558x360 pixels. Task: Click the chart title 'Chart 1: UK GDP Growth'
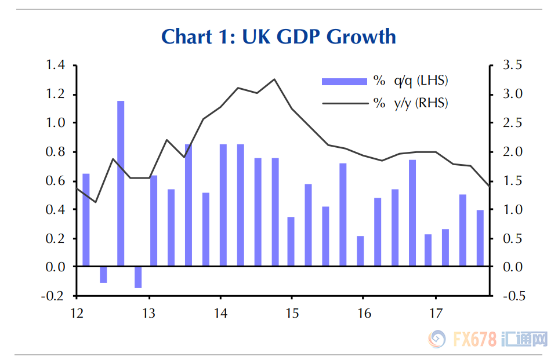pos(278,37)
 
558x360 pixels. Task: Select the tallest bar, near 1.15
pos(121,183)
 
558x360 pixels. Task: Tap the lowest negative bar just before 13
pos(138,277)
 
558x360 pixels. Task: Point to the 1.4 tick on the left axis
pos(56,65)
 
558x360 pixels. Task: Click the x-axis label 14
pos(220,314)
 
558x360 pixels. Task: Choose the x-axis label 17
pos(436,314)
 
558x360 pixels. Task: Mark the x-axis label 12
pos(77,314)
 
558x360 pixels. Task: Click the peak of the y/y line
pos(274,79)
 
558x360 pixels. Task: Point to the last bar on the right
pos(480,238)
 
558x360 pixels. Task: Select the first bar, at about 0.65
pos(86,220)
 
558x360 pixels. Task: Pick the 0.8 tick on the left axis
pos(56,152)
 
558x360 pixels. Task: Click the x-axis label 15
pos(292,314)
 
